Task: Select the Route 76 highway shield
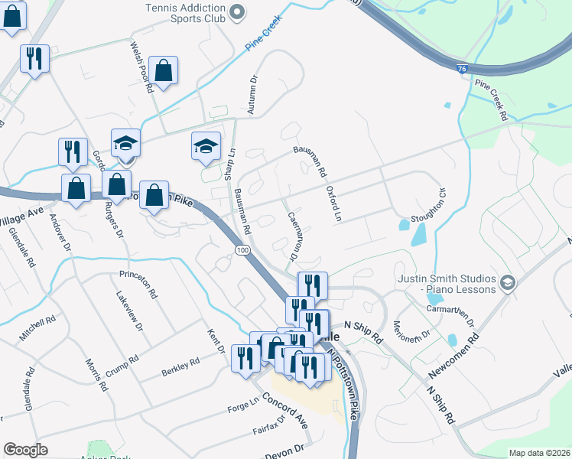[461, 69]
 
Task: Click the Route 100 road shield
[242, 251]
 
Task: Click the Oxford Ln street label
[332, 203]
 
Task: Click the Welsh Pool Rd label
[141, 67]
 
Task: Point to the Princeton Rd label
[138, 283]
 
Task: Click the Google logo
[25, 450]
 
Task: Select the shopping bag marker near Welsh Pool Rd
[164, 72]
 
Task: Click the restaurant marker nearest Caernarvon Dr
[312, 286]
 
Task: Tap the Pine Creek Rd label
[491, 99]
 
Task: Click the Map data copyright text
[539, 453]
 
